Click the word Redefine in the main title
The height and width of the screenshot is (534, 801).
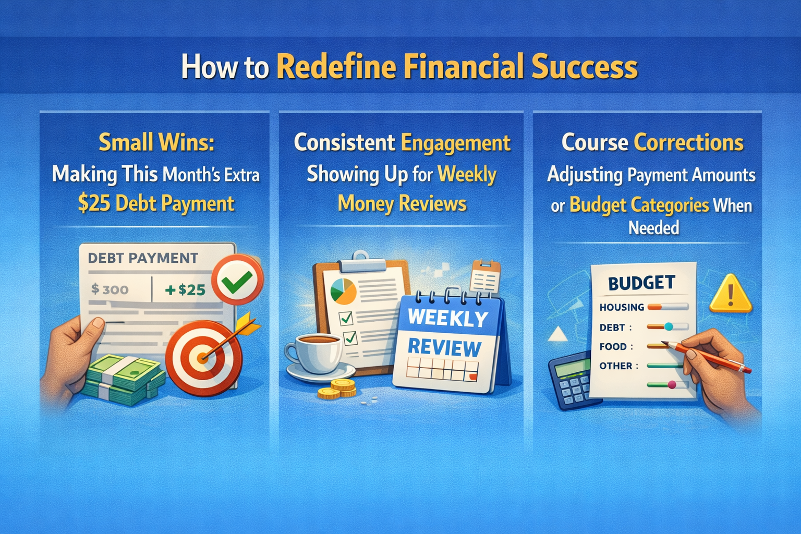point(336,67)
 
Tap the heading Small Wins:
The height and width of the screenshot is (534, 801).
point(156,142)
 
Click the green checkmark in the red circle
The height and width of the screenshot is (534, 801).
point(237,280)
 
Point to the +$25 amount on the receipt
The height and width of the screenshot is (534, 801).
point(185,289)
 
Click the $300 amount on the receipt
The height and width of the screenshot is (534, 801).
point(110,289)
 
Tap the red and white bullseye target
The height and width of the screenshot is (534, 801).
point(203,358)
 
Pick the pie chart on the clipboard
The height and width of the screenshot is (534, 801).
point(343,291)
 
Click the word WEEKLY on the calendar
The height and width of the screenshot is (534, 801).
point(447,318)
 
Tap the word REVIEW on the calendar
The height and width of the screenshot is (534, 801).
point(444,348)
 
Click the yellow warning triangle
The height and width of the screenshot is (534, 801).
point(731,295)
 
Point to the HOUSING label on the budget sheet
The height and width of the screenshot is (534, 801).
point(622,307)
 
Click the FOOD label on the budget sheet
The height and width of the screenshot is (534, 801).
point(613,347)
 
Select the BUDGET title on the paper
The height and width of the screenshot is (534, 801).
point(641,283)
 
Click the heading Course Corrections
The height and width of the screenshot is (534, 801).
point(652,142)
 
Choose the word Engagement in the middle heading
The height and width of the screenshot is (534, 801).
point(456,143)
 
